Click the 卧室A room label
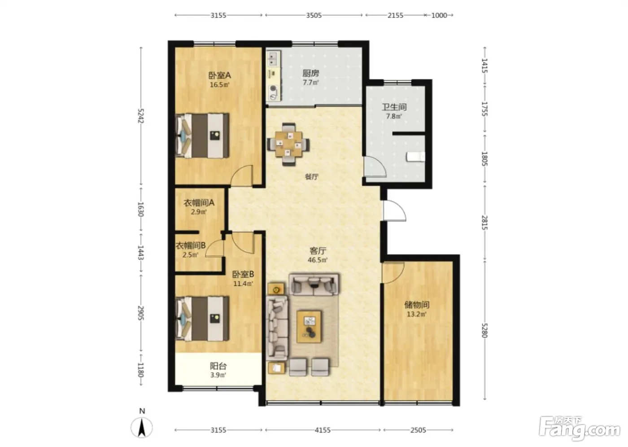[x=219, y=75]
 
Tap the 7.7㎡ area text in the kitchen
[x=310, y=83]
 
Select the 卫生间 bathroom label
[x=394, y=107]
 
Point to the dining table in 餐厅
[x=289, y=144]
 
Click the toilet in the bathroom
[x=415, y=157]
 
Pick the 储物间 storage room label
[x=417, y=305]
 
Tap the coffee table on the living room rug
[x=309, y=326]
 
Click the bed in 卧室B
[x=202, y=319]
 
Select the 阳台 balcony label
[x=218, y=366]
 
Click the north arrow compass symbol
[x=142, y=427]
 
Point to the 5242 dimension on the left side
[x=140, y=116]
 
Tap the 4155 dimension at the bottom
[x=323, y=430]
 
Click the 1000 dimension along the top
[x=439, y=15]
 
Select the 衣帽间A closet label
[x=199, y=202]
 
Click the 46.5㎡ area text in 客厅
[x=318, y=260]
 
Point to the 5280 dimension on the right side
[x=484, y=330]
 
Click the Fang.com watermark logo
[x=579, y=429]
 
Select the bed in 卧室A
[x=202, y=136]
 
